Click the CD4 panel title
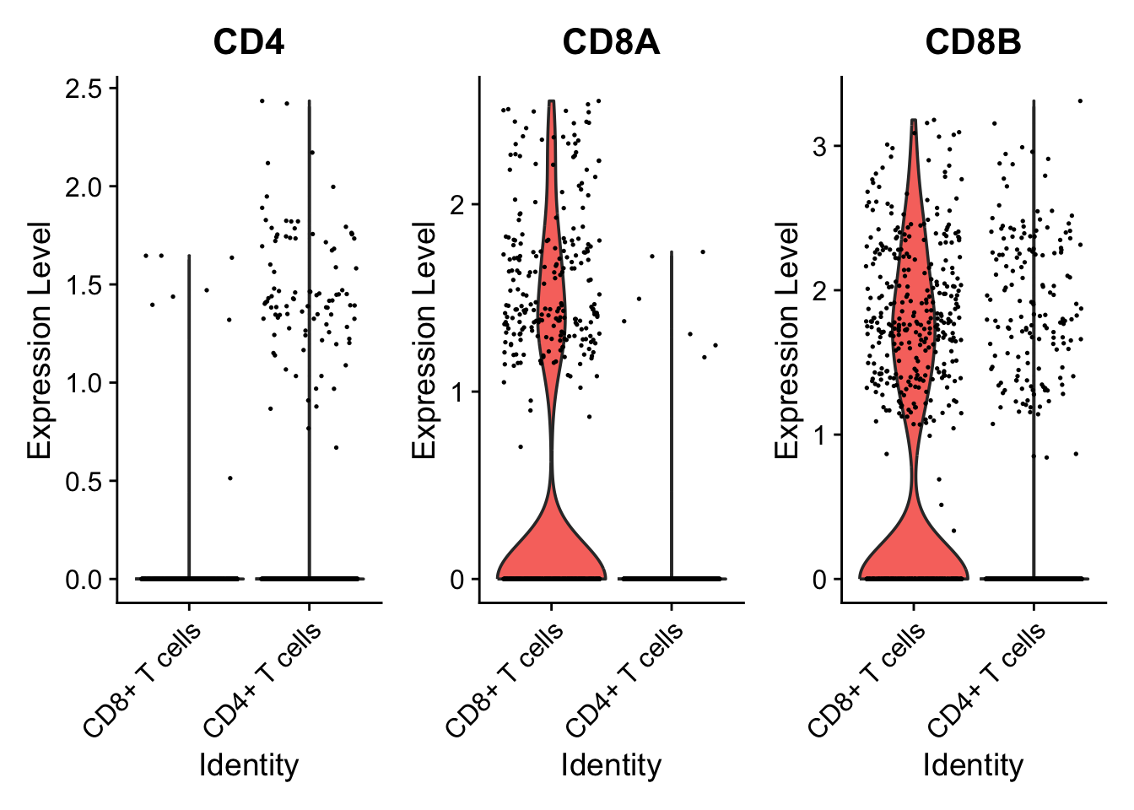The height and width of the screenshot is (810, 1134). (x=248, y=41)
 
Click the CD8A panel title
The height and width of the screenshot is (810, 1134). (x=611, y=41)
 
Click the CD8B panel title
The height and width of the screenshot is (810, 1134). (x=973, y=41)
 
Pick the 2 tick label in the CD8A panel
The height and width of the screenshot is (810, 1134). (x=458, y=205)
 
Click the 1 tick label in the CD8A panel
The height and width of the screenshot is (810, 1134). (x=458, y=392)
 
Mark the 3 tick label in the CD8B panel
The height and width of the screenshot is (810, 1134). (x=820, y=147)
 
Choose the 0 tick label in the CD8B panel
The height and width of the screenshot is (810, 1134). (x=820, y=580)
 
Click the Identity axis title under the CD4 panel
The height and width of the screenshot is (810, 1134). (x=248, y=765)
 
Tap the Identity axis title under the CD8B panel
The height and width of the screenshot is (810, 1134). (x=973, y=765)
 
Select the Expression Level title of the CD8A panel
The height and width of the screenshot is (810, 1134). (x=424, y=341)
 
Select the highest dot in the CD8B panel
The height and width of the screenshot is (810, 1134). (x=1079, y=101)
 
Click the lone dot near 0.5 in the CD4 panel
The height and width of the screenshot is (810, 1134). (x=229, y=478)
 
